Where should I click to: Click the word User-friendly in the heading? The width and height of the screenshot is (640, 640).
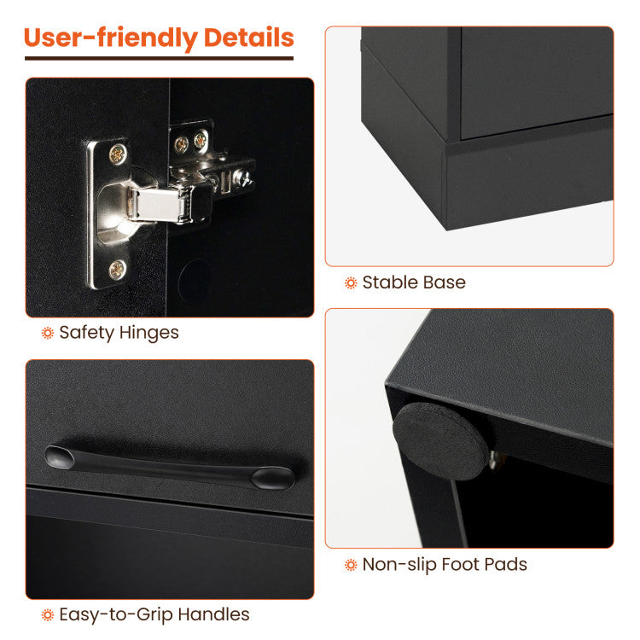pos(111,38)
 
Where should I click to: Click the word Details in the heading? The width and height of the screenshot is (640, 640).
pos(248,38)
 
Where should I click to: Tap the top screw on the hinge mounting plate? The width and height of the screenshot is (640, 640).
pos(118,154)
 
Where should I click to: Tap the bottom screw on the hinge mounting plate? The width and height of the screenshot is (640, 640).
pos(117,270)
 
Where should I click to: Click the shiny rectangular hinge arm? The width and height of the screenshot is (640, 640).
pos(156,205)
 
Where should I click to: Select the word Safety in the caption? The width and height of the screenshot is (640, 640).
pos(87,333)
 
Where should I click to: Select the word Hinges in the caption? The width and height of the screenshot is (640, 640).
pos(149,333)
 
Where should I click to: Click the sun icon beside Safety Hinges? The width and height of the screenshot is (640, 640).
pos(48,333)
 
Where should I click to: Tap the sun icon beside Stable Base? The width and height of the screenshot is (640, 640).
pos(351,282)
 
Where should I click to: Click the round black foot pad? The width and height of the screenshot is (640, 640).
pos(440,441)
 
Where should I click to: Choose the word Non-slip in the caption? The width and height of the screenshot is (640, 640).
pos(399,565)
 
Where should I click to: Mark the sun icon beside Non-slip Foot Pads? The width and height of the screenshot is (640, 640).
pos(351,565)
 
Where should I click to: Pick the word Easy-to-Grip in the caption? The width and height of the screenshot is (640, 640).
pos(116,614)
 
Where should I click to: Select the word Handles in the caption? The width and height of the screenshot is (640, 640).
pos(214,614)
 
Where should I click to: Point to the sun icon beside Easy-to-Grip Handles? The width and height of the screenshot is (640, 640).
pos(48,615)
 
